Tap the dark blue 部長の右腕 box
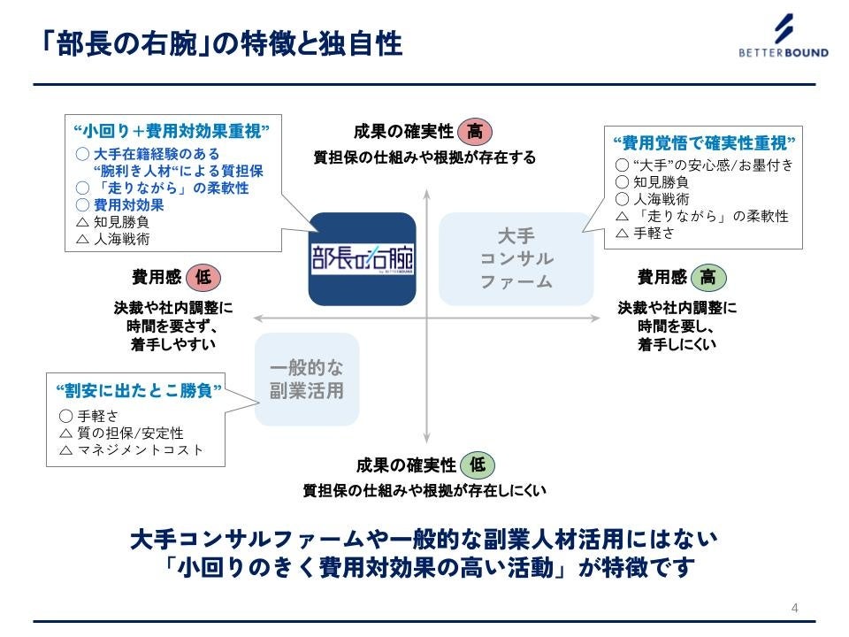(362, 259)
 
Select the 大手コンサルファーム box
(516, 259)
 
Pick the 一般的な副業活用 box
(307, 380)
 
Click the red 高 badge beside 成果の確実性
(475, 132)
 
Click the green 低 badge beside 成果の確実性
(477, 464)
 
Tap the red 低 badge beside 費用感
(203, 278)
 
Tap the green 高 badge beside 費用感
(707, 278)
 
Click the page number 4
(794, 608)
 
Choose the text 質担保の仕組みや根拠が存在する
(424, 157)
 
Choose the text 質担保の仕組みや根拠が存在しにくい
(424, 489)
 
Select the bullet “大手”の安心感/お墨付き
(704, 165)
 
